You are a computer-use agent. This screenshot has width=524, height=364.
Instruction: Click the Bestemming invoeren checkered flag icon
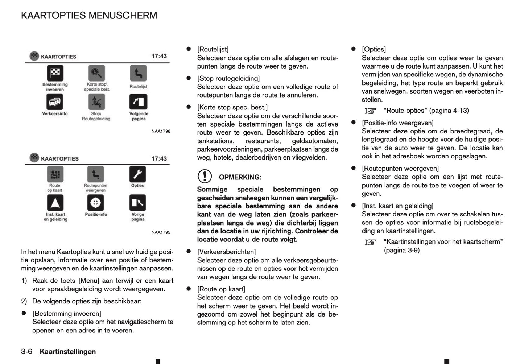click(55, 73)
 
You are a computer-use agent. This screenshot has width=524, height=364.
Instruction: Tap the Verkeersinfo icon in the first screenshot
click(55, 102)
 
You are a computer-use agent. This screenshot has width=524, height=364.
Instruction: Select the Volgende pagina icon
click(138, 102)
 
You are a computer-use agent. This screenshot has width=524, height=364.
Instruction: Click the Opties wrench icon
click(137, 174)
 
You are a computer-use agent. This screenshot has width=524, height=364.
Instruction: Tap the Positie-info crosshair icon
click(96, 203)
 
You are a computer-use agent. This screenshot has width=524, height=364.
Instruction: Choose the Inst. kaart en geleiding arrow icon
click(55, 203)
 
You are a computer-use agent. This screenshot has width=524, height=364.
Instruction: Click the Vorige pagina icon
click(137, 203)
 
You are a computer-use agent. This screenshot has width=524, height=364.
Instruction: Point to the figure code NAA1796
click(161, 131)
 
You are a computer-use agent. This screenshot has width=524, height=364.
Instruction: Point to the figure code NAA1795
click(161, 232)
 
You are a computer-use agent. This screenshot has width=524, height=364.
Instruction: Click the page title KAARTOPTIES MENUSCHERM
click(89, 16)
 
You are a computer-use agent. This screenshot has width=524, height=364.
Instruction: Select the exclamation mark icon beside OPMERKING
click(205, 177)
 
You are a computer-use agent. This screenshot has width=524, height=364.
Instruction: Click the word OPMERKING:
click(240, 177)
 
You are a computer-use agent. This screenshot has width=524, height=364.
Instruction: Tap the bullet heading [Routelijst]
click(213, 49)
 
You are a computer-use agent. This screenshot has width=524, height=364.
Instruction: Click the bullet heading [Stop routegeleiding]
click(228, 78)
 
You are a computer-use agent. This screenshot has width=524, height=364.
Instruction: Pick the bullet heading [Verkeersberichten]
click(226, 252)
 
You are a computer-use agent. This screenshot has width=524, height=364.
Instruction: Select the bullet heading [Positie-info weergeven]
click(397, 123)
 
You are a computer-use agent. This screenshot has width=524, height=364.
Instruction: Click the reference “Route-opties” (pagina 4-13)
click(426, 111)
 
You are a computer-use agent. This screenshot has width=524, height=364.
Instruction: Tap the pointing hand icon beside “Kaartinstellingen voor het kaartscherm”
click(371, 242)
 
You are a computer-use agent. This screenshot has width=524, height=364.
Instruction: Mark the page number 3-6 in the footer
click(27, 352)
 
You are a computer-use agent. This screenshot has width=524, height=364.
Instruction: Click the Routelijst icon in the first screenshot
click(138, 74)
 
